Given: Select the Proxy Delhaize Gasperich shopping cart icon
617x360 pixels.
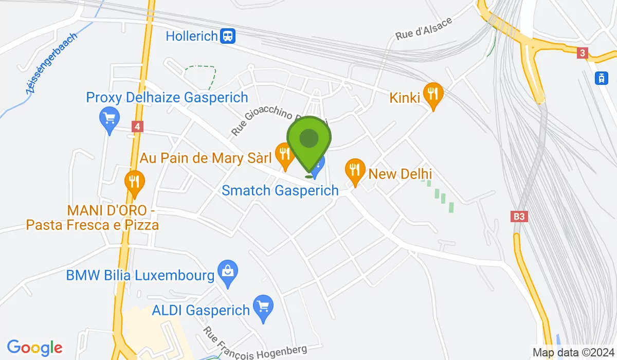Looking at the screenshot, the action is coord(109,119).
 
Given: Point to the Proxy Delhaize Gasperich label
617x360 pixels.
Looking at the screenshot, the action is coord(167,97).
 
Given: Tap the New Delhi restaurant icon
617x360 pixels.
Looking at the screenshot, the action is coord(355,170).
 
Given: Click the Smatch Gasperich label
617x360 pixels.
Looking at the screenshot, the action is coord(280,190).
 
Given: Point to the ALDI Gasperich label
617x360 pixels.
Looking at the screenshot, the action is coord(201,311).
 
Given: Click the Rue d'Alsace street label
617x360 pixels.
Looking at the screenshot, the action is coord(424,29).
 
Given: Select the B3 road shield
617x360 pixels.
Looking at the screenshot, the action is coord(520,217).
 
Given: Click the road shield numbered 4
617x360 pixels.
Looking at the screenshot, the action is coord(137,126).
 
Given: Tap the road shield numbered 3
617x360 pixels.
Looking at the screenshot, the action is coord(582,53).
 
